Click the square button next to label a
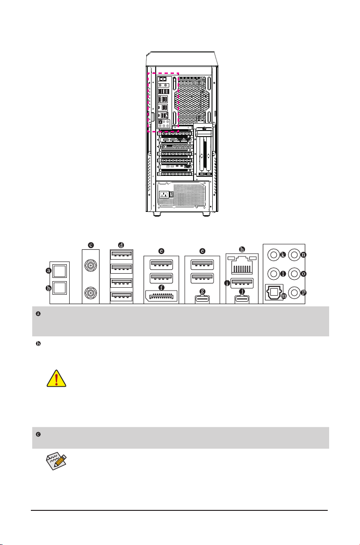click(x=59, y=270)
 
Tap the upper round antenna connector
click(x=91, y=266)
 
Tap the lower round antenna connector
click(x=91, y=294)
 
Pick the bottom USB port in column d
click(x=121, y=298)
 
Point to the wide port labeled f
click(x=161, y=297)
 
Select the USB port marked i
click(x=241, y=283)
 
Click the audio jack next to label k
click(x=274, y=255)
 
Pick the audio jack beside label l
click(x=274, y=273)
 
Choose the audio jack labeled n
click(x=294, y=255)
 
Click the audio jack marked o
click(x=294, y=273)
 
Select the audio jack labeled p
click(x=294, y=292)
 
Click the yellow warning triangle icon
click(x=56, y=375)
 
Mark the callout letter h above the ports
click(x=241, y=249)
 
